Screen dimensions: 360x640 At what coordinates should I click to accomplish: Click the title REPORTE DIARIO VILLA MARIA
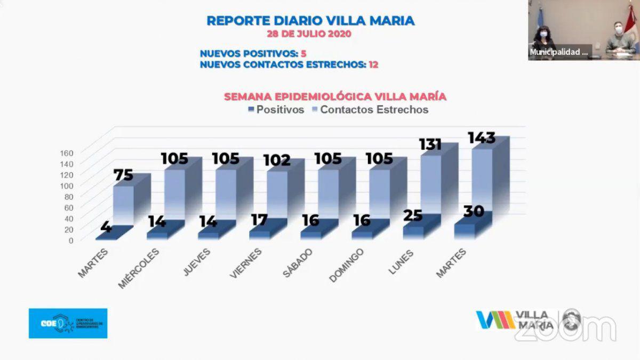click(x=310, y=21)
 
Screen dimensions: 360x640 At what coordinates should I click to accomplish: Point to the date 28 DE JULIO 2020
click(x=309, y=34)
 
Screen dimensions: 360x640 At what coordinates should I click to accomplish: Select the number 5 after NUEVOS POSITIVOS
click(x=303, y=53)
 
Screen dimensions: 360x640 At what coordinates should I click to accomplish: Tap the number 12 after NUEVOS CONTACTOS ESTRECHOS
click(x=373, y=65)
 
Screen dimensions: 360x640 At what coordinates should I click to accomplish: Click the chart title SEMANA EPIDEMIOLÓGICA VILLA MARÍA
click(x=335, y=97)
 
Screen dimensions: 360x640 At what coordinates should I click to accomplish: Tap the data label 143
click(x=481, y=138)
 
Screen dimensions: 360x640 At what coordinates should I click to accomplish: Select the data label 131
click(x=431, y=145)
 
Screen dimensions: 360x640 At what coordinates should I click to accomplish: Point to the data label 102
click(x=277, y=160)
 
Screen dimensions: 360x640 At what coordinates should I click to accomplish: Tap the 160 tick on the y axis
click(x=67, y=153)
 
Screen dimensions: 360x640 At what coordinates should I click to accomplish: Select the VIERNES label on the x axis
click(x=246, y=263)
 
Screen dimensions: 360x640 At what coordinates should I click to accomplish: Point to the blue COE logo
click(x=68, y=323)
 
